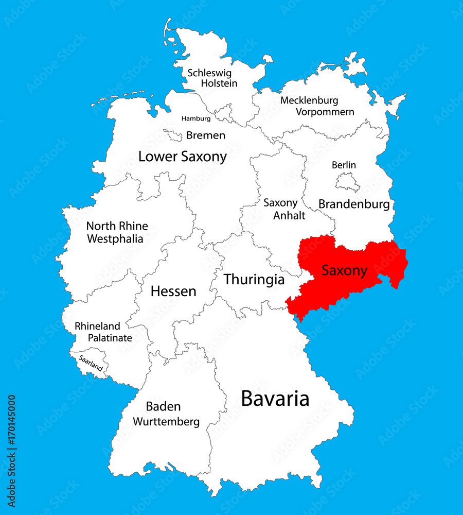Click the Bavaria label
[275, 399]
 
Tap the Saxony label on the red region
[345, 270]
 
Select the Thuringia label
[254, 280]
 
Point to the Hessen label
[173, 291]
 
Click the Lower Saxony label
[183, 157]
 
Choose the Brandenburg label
[354, 204]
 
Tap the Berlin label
[344, 165]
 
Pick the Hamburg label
[196, 118]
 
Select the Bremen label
[206, 135]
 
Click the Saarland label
[91, 363]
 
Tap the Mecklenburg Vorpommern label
[317, 106]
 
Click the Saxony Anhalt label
[281, 209]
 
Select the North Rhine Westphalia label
[117, 232]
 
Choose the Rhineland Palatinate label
[103, 332]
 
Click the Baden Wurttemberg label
[166, 414]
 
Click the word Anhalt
[289, 215]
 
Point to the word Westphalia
[115, 239]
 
